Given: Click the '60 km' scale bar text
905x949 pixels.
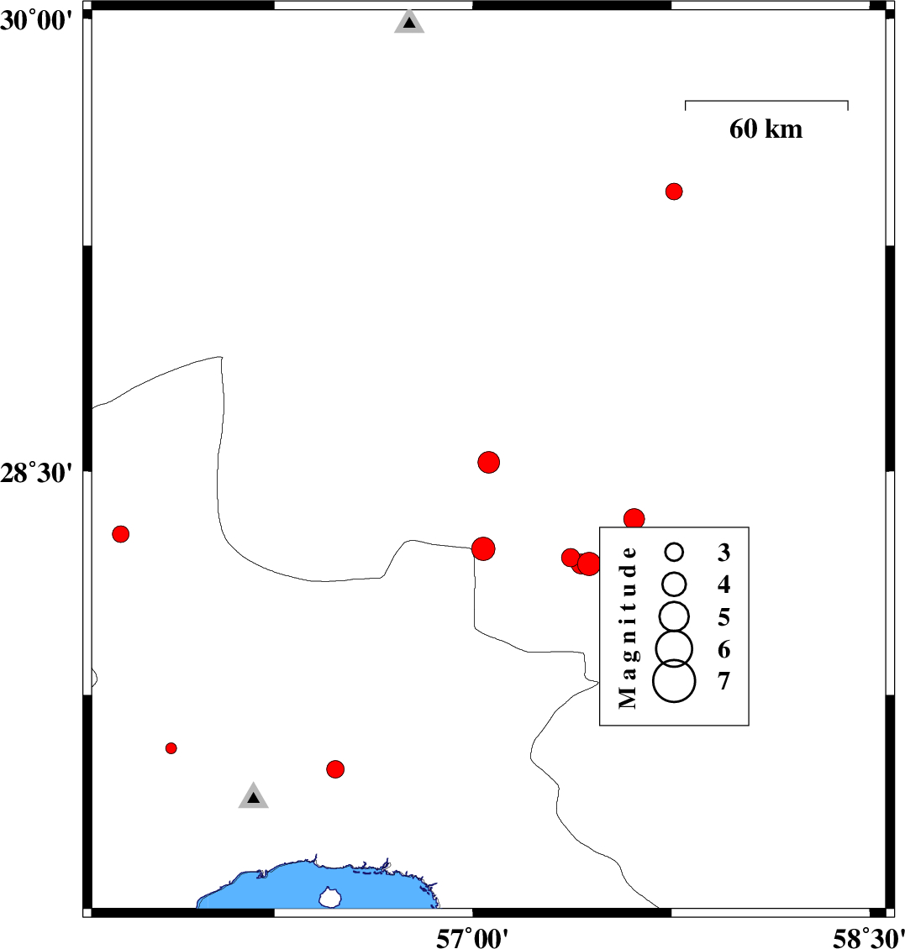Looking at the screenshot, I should (x=766, y=129).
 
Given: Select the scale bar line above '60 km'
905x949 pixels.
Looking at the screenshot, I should (x=766, y=102).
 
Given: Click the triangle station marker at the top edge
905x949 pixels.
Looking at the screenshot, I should (x=409, y=23).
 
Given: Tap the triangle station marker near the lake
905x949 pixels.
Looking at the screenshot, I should (x=253, y=796).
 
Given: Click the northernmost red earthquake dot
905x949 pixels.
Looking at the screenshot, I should (x=674, y=191).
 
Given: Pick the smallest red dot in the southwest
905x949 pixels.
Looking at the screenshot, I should (x=171, y=748).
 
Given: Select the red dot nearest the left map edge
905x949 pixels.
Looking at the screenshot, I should (x=121, y=534).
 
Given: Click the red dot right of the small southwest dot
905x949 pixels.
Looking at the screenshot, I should (x=335, y=768).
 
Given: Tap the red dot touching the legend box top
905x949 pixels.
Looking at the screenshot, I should (x=634, y=519).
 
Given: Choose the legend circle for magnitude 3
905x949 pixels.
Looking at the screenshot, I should (x=674, y=552).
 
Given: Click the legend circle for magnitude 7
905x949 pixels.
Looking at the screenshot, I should (x=674, y=680).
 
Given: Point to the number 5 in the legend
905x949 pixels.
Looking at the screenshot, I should (x=723, y=617).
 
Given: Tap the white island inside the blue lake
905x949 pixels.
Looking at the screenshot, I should (x=330, y=898).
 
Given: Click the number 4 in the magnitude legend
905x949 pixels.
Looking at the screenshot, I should (x=723, y=585).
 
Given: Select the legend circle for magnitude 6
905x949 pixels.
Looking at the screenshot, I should (x=674, y=648).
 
